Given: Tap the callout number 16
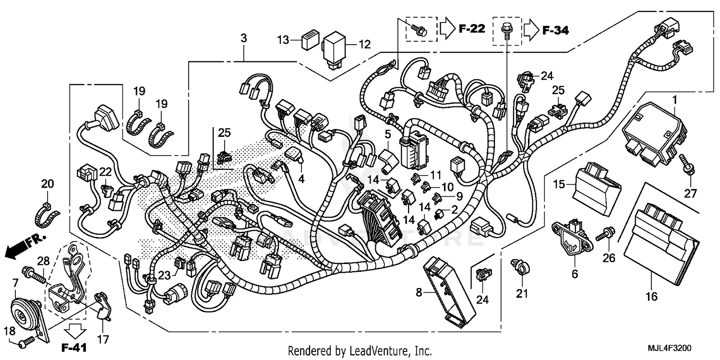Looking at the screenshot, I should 651,297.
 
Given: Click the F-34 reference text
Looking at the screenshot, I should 555,30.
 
